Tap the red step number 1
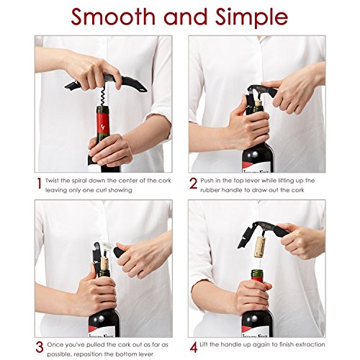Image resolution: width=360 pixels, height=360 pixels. click(x=40, y=184)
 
